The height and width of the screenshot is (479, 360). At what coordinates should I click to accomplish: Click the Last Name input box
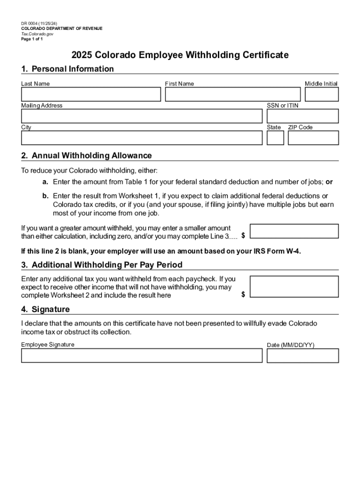91,94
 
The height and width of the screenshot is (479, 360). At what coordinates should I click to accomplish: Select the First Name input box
232,94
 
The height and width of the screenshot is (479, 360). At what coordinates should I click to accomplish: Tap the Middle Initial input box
322,94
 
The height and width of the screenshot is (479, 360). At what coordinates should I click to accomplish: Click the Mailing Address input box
142,116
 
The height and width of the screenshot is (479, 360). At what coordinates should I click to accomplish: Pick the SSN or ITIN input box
302,116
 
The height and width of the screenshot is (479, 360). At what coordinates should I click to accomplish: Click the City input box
142,138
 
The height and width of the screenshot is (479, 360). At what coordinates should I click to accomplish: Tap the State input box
275,138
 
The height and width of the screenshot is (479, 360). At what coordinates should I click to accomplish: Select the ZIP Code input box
313,138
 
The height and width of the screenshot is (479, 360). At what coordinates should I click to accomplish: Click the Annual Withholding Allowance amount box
294,231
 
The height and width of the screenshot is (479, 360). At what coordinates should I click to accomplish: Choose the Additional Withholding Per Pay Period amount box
294,286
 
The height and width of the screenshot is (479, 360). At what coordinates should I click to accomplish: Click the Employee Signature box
142,356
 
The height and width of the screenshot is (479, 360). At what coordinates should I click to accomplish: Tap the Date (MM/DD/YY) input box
302,356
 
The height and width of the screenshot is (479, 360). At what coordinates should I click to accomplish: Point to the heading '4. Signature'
45,309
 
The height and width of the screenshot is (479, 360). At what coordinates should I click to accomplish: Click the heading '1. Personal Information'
67,69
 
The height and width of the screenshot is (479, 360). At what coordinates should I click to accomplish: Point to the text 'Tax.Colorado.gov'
37,34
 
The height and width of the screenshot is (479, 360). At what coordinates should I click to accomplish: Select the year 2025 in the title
82,55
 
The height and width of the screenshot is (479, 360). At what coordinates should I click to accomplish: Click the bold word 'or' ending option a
329,181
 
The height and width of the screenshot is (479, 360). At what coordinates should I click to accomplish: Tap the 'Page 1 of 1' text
32,39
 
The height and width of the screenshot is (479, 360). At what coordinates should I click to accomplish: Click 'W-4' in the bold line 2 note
294,251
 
